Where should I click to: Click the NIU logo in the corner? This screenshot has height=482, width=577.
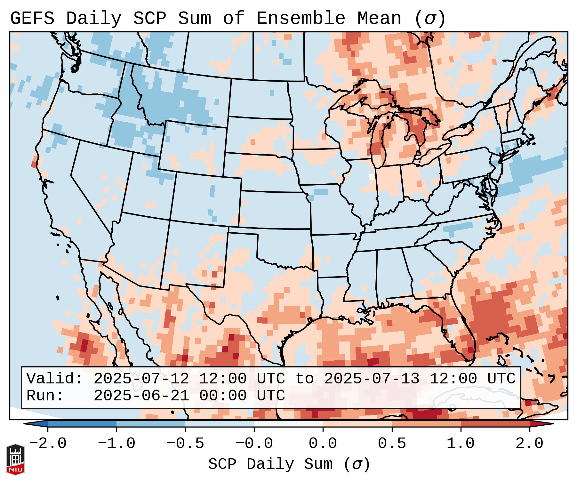pyautogui.click(x=15, y=459)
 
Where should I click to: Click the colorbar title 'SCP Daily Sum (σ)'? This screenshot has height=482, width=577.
pyautogui.click(x=289, y=464)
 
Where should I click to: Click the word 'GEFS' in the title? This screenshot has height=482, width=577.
pyautogui.click(x=32, y=19)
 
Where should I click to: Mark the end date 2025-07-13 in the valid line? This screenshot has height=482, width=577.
pyautogui.click(x=372, y=379)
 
